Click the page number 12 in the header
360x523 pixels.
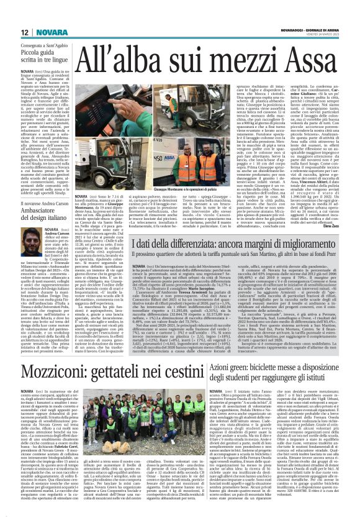tap(9, 13)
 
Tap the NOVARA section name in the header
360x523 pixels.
tap(30, 13)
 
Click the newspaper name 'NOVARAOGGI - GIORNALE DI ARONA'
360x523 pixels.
tap(323, 12)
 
